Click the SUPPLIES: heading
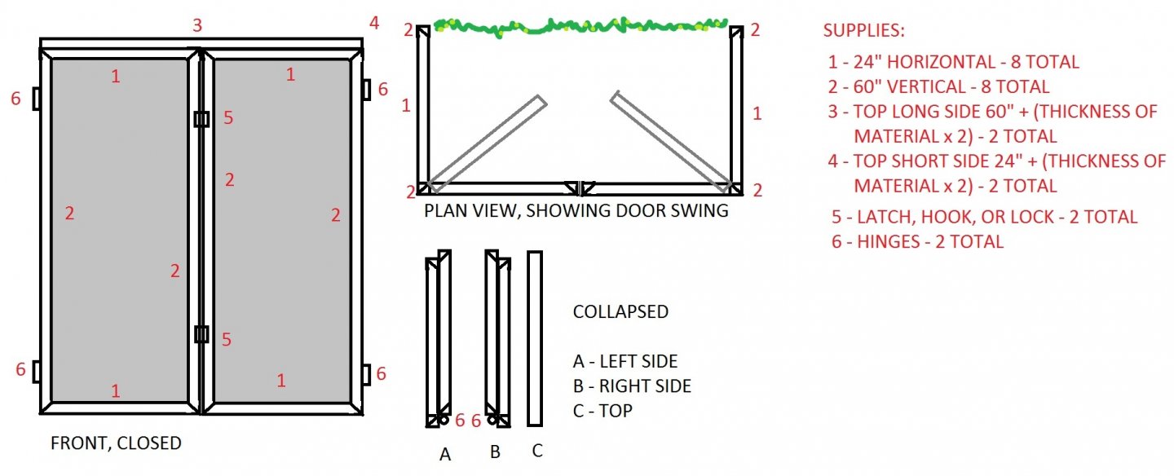point(863,31)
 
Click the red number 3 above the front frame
point(196,25)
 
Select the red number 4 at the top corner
point(374,23)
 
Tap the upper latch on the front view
point(201,119)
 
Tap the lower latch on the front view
point(201,334)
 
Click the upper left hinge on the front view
point(37,99)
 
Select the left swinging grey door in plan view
point(487,143)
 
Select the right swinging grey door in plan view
point(669,143)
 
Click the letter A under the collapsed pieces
point(445,455)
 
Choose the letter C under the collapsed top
point(536,450)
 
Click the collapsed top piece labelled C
point(535,337)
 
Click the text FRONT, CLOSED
point(116,443)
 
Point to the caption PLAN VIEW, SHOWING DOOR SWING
point(576,211)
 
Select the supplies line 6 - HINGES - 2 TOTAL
point(917,241)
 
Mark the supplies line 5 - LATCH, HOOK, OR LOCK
point(984,217)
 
